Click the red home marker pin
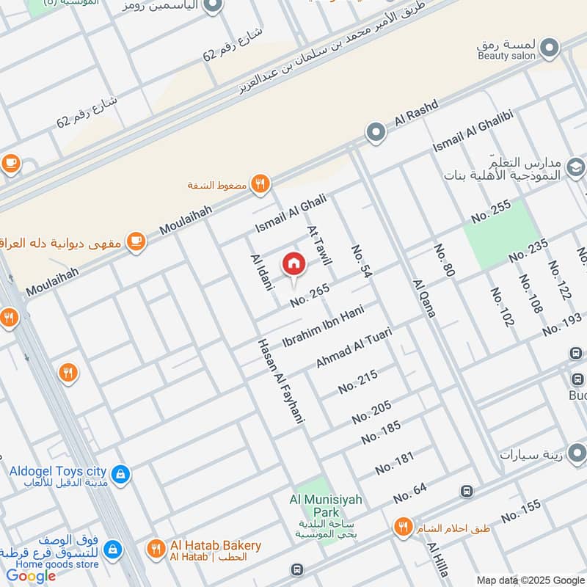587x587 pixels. click(293, 263)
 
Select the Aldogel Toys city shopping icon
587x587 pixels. click(122, 475)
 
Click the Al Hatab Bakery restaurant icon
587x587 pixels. click(155, 549)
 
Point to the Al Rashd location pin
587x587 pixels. click(376, 133)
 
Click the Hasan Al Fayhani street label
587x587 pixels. click(280, 381)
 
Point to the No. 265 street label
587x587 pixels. click(310, 294)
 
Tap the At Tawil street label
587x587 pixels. click(319, 244)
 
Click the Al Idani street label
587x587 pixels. click(261, 273)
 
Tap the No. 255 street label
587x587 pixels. click(491, 212)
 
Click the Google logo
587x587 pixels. click(31, 576)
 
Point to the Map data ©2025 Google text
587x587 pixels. click(529, 580)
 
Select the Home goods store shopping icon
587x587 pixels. click(112, 549)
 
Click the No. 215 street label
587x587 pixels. click(358, 382)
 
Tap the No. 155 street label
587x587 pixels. click(521, 511)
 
